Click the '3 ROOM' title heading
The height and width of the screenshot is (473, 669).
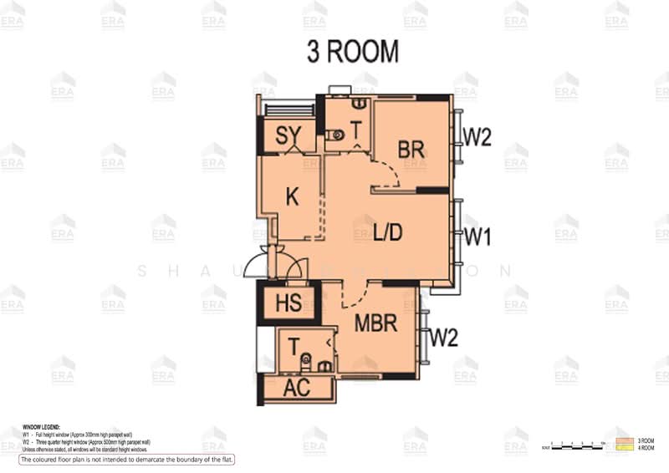pos(352,52)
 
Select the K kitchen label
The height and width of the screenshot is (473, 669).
pos(292,197)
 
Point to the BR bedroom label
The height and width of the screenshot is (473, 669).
pos(411,150)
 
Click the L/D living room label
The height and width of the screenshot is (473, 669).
pos(388,233)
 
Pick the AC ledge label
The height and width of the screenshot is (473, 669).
pos(297,388)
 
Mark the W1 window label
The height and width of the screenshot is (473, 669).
pos(477,237)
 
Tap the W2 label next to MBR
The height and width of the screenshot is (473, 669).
pos(444,338)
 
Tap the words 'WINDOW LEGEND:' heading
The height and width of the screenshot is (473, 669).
pos(41,426)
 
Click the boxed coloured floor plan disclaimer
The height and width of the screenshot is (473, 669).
pos(127,460)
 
